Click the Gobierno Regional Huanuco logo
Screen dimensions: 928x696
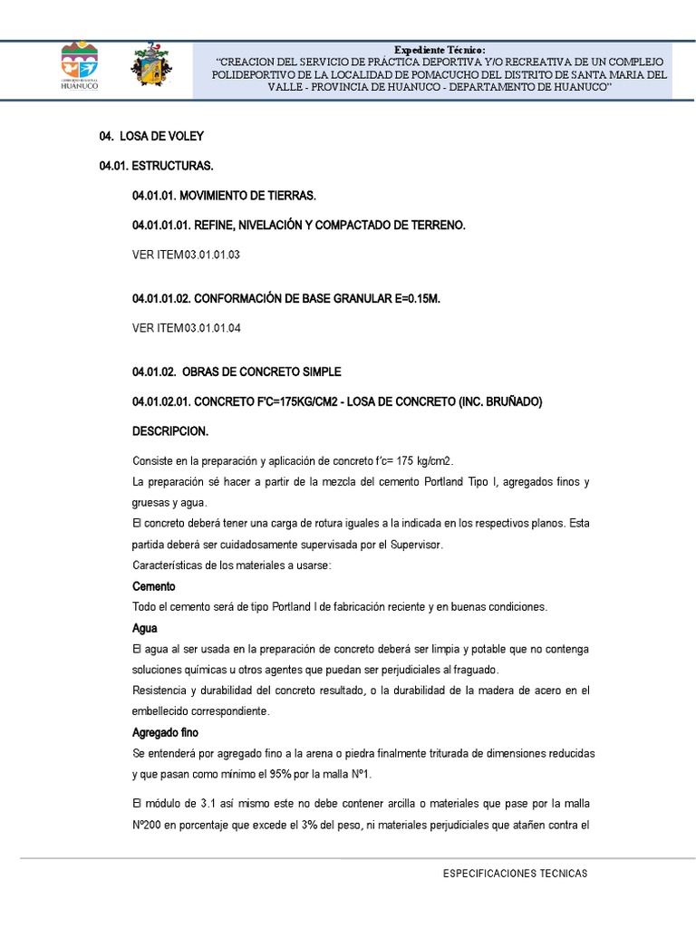(80, 65)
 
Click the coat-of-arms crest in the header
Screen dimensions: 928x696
(150, 65)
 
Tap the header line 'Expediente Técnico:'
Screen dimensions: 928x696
(440, 49)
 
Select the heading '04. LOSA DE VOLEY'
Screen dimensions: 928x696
(151, 137)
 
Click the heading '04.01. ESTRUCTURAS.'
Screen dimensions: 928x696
(156, 167)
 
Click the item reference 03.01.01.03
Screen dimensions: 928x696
(212, 256)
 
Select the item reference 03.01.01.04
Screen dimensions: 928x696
(212, 327)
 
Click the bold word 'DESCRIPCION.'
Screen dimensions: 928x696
(169, 431)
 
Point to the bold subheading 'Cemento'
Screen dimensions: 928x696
(153, 586)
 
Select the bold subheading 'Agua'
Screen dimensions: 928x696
(145, 627)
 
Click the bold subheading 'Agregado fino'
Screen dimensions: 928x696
(165, 732)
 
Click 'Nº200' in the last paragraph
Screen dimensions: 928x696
(150, 826)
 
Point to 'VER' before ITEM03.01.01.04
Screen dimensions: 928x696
(143, 327)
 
